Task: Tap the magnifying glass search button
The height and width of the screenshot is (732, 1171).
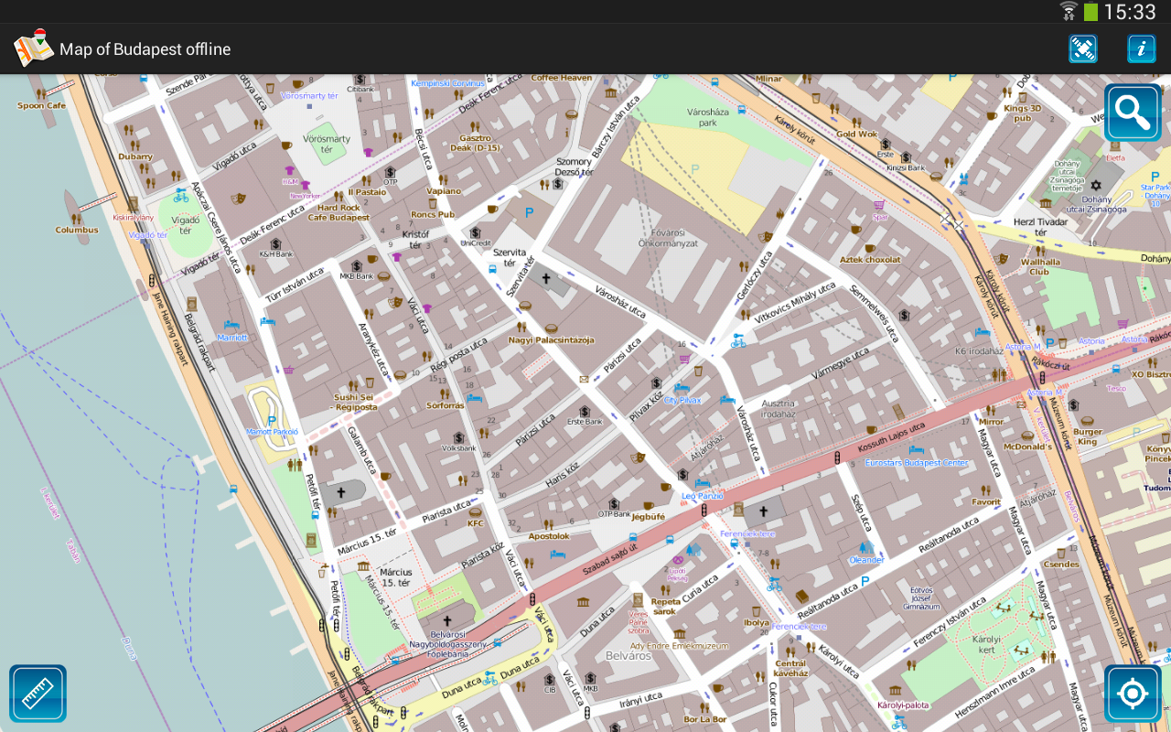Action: (x=1132, y=113)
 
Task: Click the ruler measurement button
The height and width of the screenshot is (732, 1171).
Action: (x=38, y=693)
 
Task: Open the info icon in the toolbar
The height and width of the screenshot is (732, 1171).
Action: (x=1141, y=48)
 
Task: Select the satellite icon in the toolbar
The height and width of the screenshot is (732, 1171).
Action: (x=1082, y=48)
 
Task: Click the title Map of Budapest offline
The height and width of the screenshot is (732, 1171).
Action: (x=145, y=49)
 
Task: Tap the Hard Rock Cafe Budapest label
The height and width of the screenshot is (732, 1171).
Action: (x=338, y=212)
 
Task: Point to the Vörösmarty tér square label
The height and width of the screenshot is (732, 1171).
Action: (x=327, y=144)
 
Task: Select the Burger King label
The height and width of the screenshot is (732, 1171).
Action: (x=1088, y=436)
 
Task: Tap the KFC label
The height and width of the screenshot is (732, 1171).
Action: (x=476, y=523)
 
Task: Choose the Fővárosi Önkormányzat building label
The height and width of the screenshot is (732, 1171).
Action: (x=668, y=238)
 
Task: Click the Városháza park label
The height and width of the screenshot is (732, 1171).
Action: (x=707, y=116)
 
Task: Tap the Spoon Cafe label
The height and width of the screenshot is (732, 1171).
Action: (x=42, y=105)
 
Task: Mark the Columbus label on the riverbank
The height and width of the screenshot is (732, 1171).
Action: (x=77, y=230)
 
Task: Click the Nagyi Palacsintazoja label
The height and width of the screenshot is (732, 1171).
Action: (x=551, y=340)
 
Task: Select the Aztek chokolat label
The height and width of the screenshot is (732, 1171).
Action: (x=870, y=260)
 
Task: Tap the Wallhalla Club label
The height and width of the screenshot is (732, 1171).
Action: (x=1040, y=266)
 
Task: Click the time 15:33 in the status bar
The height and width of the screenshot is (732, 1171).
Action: (x=1130, y=12)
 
